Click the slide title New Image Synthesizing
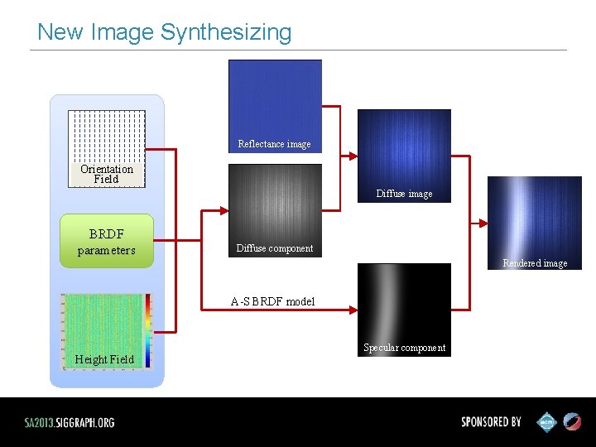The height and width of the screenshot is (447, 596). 164,32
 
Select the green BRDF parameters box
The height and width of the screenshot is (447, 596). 107,241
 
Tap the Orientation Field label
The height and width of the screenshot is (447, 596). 106,174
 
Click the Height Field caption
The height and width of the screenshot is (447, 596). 103,359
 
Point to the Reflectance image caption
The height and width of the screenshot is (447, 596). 274,144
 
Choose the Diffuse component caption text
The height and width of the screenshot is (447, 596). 274,248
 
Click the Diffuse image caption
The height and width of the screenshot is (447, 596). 404,194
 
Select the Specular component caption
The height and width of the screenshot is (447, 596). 404,348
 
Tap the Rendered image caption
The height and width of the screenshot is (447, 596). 535,263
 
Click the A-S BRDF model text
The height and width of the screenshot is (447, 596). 272,301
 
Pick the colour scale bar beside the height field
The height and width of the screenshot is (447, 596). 148,329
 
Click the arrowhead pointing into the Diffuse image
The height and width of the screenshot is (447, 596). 353,155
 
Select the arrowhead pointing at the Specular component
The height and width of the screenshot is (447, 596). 353,310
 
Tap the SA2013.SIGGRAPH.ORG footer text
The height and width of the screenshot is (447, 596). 70,422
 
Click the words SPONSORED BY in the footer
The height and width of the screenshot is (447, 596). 491,422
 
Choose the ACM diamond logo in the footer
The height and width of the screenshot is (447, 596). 547,422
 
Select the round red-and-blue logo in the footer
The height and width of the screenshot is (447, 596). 573,422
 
